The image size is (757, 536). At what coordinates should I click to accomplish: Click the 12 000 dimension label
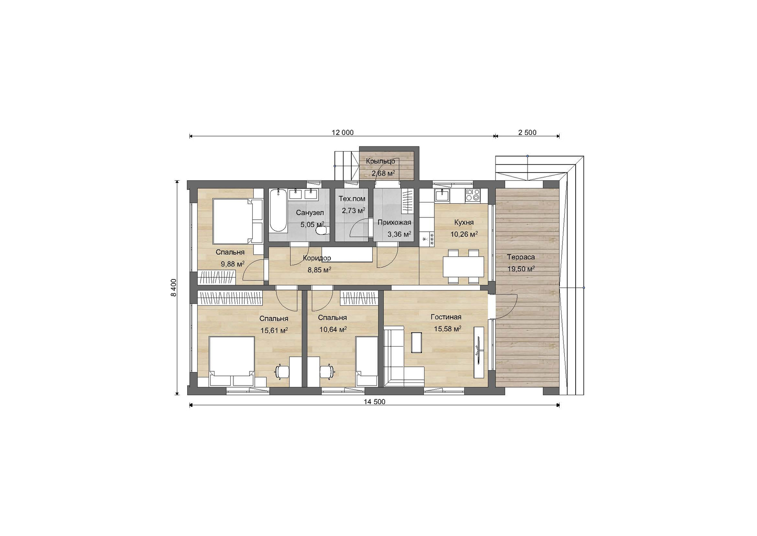[x=343, y=133]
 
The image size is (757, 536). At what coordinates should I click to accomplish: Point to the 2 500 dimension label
[x=527, y=133]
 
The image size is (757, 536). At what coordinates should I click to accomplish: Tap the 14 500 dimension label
[x=374, y=402]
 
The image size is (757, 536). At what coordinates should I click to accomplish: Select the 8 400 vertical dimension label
[x=174, y=287]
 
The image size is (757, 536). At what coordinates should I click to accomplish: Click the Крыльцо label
[x=380, y=161]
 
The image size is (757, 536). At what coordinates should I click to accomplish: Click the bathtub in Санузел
[x=278, y=210]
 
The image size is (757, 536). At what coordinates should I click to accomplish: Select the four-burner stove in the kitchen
[x=472, y=195]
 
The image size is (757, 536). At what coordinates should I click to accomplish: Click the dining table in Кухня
[x=463, y=267]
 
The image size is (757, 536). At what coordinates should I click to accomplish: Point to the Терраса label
[x=521, y=257]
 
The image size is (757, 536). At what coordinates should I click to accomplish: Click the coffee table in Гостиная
[x=416, y=342]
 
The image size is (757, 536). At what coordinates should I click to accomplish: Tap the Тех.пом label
[x=352, y=199]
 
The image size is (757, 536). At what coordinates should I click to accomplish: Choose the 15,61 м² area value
[x=274, y=330]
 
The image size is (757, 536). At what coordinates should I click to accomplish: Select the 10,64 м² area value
[x=333, y=329]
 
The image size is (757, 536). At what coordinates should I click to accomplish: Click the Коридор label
[x=317, y=258]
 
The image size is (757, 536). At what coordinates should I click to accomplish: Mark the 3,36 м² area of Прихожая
[x=399, y=234]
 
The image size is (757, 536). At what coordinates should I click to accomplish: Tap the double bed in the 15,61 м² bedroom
[x=232, y=361]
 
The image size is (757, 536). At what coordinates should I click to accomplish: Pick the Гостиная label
[x=446, y=317]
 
